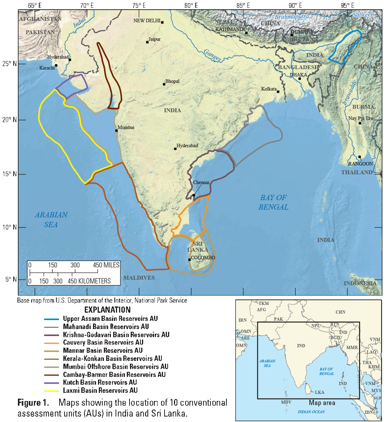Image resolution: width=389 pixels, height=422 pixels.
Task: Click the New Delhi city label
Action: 147,21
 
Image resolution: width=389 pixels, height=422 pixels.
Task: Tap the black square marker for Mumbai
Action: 116,130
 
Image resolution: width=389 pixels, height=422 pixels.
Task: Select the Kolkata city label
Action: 269,89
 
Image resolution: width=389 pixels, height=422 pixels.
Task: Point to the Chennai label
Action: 201,182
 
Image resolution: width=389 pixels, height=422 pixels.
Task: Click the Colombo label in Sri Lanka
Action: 203,258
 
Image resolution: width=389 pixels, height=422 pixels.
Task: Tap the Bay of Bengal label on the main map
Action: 273,202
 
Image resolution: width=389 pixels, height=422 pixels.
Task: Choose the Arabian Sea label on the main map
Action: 51,220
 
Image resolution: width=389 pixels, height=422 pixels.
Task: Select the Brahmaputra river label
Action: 291,17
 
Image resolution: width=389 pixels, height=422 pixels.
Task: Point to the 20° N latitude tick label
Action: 9,119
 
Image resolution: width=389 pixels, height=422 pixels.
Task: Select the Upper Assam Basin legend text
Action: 110,319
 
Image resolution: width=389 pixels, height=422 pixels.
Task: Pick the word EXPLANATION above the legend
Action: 107,310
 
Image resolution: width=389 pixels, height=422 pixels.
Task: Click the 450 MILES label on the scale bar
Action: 106,265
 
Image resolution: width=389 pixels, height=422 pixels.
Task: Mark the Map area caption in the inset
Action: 322,403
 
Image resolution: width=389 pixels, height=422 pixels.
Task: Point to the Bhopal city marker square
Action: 164,84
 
